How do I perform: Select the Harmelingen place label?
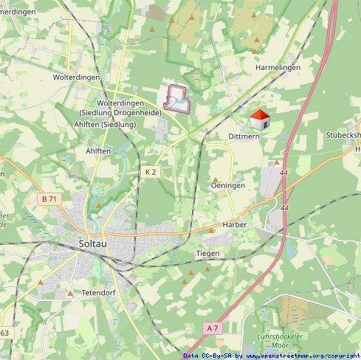click(x=278, y=67)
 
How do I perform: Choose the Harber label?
click(x=233, y=224)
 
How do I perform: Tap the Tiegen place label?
click(x=207, y=253)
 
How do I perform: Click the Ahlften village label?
click(x=98, y=150)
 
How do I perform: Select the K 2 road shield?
click(x=151, y=171)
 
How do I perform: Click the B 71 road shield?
click(x=49, y=199)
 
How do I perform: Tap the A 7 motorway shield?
click(x=213, y=328)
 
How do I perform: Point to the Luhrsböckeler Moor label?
click(x=276, y=341)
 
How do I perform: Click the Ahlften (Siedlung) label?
click(x=104, y=124)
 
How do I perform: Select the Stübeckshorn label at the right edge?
click(x=343, y=136)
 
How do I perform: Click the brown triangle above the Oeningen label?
click(x=216, y=179)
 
